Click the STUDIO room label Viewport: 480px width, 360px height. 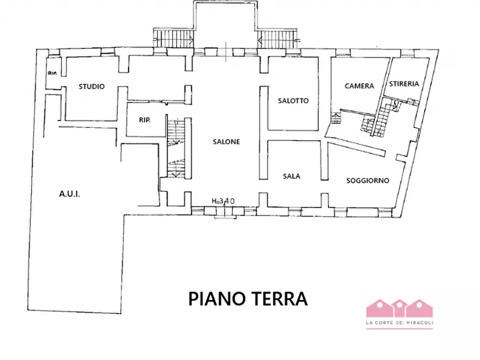click(91, 87)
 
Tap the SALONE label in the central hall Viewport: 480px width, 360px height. click(226, 142)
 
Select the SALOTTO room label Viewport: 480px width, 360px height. click(293, 100)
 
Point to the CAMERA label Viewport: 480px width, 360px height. click(359, 86)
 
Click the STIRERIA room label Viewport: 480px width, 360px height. click(404, 84)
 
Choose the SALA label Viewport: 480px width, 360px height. click(292, 176)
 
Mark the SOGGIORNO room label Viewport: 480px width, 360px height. click(368, 181)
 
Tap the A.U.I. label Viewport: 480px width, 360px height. click(69, 194)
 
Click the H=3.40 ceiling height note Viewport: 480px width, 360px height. click(223, 201)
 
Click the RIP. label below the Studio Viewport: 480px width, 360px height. click(145, 120)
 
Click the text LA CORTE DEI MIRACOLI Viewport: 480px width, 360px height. click(399, 323)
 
